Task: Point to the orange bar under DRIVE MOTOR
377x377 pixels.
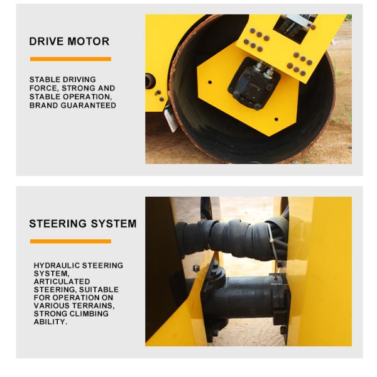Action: click(x=70, y=59)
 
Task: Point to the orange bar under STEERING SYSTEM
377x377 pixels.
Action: click(x=70, y=241)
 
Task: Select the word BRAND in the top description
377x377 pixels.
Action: click(x=43, y=106)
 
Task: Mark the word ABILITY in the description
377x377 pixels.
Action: click(x=50, y=322)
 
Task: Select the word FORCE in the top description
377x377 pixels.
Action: click(x=42, y=89)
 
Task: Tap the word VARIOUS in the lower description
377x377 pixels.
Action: click(x=51, y=305)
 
